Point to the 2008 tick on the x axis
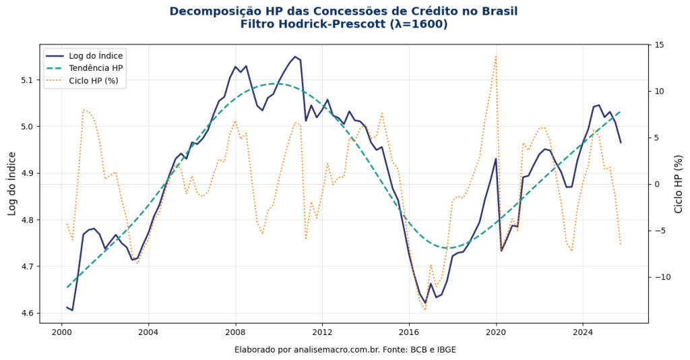tap(235, 332)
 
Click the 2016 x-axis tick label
tap(409, 332)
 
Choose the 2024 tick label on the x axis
tap(583, 332)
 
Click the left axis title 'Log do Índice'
tap(11, 183)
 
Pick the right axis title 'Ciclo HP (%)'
tap(679, 183)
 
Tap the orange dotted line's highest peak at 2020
tap(496, 56)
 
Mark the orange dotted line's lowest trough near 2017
tap(425, 309)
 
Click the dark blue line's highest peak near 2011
tap(295, 57)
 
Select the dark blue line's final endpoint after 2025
tap(621, 142)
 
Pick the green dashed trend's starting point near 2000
tap(67, 288)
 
